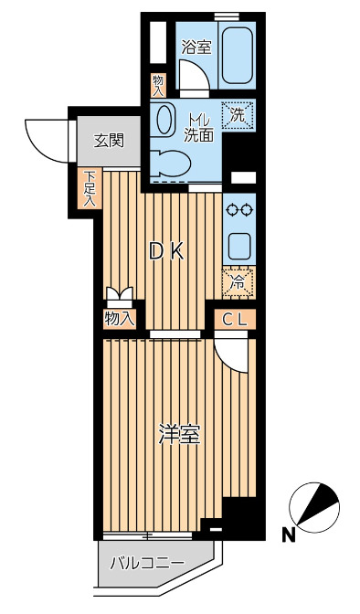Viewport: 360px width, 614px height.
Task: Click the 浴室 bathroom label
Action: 196,48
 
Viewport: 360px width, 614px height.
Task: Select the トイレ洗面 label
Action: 198,127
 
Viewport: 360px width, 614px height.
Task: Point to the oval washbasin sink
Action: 165,119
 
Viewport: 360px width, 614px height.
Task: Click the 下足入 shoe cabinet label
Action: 90,188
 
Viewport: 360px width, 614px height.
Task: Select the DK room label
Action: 166,251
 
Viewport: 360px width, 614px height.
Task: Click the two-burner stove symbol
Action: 239,210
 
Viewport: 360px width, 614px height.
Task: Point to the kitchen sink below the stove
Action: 239,246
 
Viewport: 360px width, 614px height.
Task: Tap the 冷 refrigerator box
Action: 237,283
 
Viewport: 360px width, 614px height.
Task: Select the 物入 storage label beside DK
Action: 120,319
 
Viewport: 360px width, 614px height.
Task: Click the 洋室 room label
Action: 177,436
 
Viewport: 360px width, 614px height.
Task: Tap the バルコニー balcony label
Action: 146,563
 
